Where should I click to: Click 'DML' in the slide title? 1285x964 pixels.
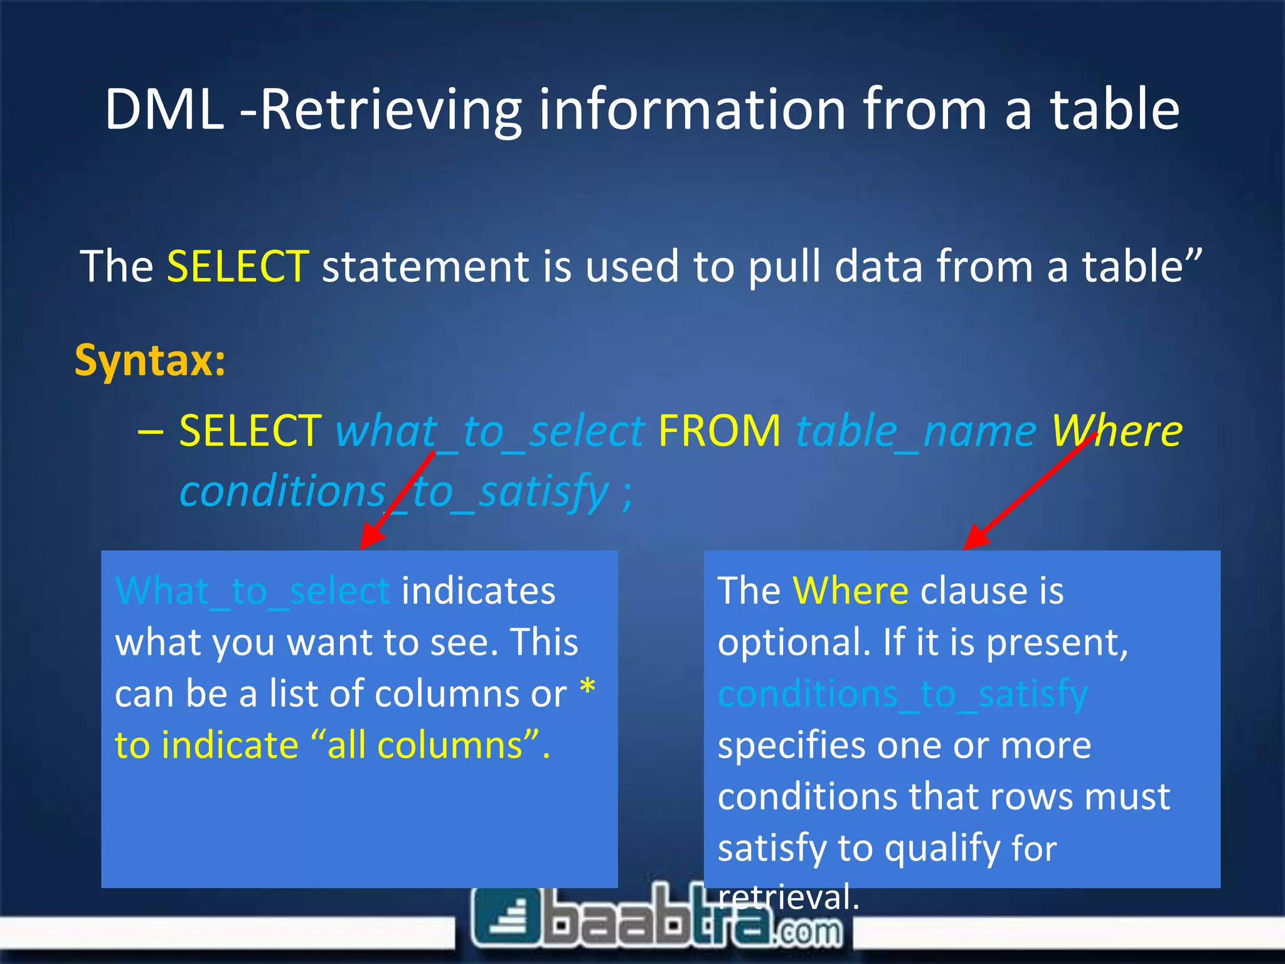click(164, 110)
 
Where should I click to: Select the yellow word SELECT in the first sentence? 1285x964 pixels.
click(238, 267)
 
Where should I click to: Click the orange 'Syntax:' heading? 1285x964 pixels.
click(150, 361)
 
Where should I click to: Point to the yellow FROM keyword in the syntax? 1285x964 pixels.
click(720, 432)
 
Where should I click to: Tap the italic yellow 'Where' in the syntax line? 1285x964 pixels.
click(1116, 432)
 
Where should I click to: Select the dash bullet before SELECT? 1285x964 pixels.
click(151, 433)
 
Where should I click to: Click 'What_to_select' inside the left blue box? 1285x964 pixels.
click(252, 592)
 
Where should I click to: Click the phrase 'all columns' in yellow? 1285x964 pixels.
click(425, 746)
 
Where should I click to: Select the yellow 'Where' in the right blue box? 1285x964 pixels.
click(850, 591)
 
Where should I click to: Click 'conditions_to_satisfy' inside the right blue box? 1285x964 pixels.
click(902, 695)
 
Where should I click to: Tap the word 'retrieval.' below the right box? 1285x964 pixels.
click(788, 897)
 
